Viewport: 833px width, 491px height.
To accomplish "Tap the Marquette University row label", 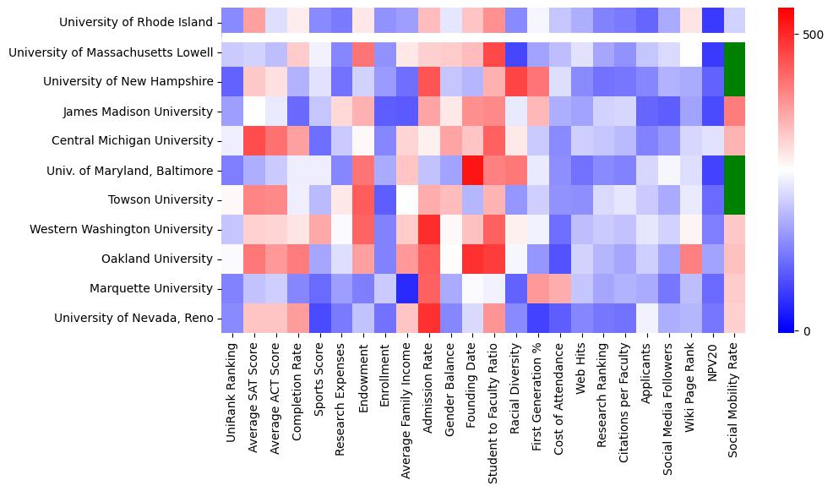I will coord(152,288).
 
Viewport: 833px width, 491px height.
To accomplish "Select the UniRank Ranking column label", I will coord(232,397).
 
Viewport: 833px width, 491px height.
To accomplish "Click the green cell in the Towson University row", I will coord(735,199).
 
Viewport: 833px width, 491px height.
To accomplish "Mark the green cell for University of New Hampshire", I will coord(735,82).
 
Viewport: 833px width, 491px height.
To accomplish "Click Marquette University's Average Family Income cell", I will coord(407,288).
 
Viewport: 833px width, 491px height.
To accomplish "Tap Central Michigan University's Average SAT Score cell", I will coord(254,140).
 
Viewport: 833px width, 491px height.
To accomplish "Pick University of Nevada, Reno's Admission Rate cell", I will coord(429,318).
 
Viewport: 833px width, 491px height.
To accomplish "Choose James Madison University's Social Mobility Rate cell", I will coord(735,112).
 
